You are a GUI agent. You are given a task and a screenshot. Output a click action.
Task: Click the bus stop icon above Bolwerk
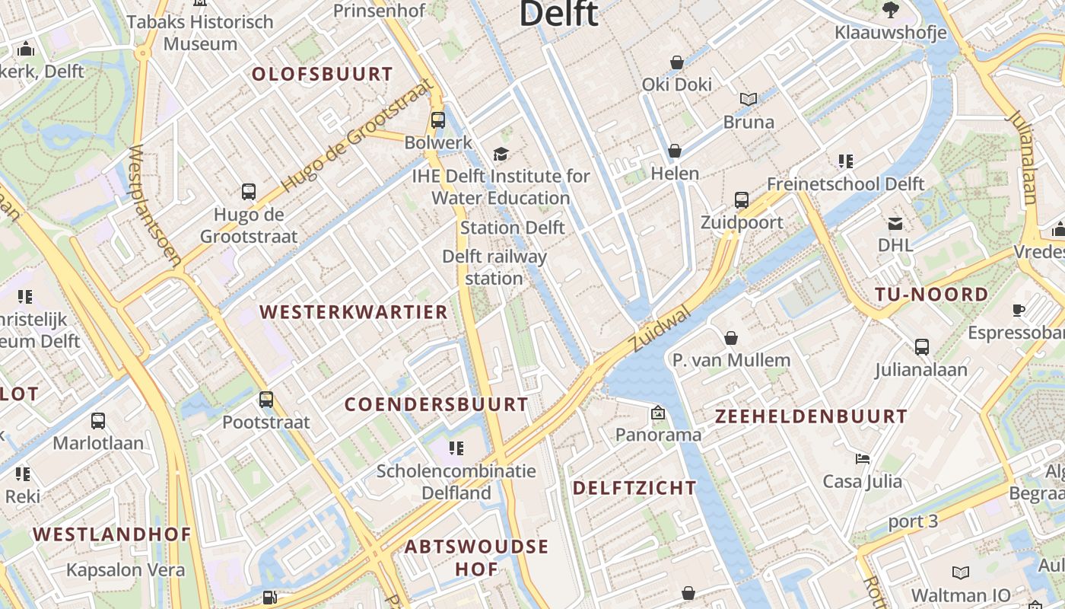437,120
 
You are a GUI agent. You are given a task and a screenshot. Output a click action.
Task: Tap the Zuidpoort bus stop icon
742,199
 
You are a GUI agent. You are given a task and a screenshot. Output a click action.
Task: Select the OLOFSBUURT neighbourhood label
323,74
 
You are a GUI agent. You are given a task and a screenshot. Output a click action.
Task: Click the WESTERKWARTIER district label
354,312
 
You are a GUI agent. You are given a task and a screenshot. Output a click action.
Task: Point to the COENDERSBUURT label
437,404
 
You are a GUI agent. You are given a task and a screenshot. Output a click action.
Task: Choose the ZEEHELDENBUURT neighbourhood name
811,416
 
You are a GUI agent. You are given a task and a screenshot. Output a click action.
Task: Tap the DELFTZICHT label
634,488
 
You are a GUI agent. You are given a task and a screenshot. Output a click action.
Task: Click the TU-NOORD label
932,295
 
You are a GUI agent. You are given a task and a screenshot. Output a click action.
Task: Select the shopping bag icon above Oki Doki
676,62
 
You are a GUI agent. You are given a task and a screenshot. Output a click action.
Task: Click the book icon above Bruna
749,99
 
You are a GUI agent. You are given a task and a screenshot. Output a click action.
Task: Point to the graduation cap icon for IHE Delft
501,155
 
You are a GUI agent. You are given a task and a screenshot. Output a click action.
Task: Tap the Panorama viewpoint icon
657,413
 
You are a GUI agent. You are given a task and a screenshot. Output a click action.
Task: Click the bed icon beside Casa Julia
862,459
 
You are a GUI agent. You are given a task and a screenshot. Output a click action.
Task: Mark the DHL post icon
895,223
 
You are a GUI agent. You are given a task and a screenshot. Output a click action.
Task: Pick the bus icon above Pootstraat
265,400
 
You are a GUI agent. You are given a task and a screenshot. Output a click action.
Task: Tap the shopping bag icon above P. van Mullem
731,337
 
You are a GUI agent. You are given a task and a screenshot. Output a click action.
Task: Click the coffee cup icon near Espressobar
1019,310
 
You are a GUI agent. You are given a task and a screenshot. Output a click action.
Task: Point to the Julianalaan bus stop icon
921,347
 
